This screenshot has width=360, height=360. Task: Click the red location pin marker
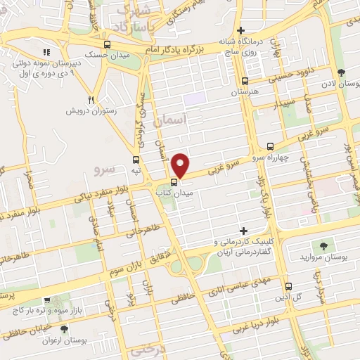tap(181, 165)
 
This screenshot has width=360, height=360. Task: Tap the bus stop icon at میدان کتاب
tap(174, 184)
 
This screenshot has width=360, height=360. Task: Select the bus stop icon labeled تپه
tap(136, 160)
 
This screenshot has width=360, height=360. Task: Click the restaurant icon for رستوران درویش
tap(90, 99)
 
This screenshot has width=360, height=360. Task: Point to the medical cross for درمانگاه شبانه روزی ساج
tap(241, 31)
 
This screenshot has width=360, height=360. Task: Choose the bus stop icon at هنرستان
tap(245, 81)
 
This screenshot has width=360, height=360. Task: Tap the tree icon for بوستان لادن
tap(340, 73)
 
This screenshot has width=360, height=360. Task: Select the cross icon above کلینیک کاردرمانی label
tap(244, 231)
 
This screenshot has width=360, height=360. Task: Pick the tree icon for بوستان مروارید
tap(323, 245)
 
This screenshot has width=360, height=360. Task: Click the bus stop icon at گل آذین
tap(289, 286)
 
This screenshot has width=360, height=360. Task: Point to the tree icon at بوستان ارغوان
tap(64, 328)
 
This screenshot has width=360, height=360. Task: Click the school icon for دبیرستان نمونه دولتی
tap(46, 52)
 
